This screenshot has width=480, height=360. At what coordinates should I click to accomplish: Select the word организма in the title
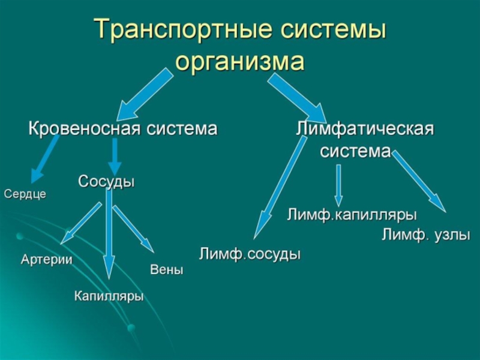(240, 62)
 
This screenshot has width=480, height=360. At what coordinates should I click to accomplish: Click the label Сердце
(25, 194)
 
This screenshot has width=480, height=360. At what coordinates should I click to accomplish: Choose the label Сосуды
(106, 181)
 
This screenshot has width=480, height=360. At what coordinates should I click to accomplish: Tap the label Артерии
(47, 260)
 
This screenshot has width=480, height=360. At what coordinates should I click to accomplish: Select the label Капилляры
(109, 296)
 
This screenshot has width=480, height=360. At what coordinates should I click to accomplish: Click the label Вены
(166, 271)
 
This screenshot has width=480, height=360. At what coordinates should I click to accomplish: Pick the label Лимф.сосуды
(250, 254)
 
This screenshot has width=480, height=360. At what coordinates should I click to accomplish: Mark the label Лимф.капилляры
(352, 215)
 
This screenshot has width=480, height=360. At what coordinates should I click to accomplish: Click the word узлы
(451, 235)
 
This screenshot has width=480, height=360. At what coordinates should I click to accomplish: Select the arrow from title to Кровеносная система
(144, 94)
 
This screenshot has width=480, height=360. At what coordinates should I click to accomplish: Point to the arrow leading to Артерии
(81, 223)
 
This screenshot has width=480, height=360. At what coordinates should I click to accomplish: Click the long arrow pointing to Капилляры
(109, 234)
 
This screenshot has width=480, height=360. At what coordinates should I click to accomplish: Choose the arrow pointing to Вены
(133, 229)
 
